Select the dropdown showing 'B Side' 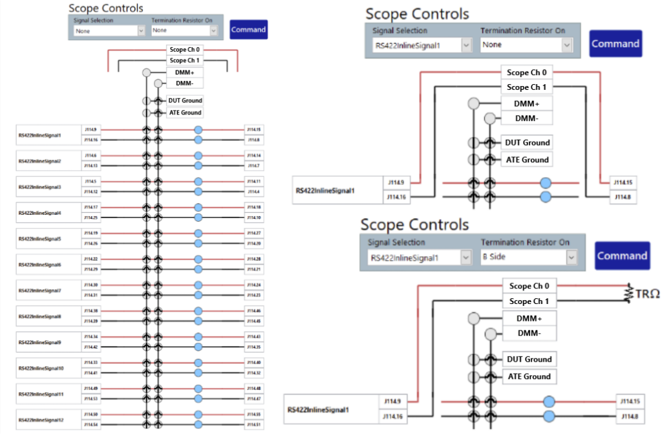[527, 257]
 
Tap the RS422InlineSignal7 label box [49, 290]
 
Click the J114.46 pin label [253, 311]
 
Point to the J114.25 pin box [91, 218]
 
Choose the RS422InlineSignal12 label [49, 420]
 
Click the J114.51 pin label [253, 425]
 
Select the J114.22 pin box [91, 259]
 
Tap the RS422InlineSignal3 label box [49, 187]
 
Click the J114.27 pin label [253, 233]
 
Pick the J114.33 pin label [91, 362]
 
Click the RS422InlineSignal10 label [49, 368]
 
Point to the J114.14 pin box [253, 155]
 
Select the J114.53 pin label [91, 399]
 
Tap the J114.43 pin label [253, 336]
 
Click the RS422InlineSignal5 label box [49, 239]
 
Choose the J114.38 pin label [91, 310]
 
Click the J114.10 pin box [253, 218]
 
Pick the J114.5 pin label [91, 181]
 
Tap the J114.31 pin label [91, 296]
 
